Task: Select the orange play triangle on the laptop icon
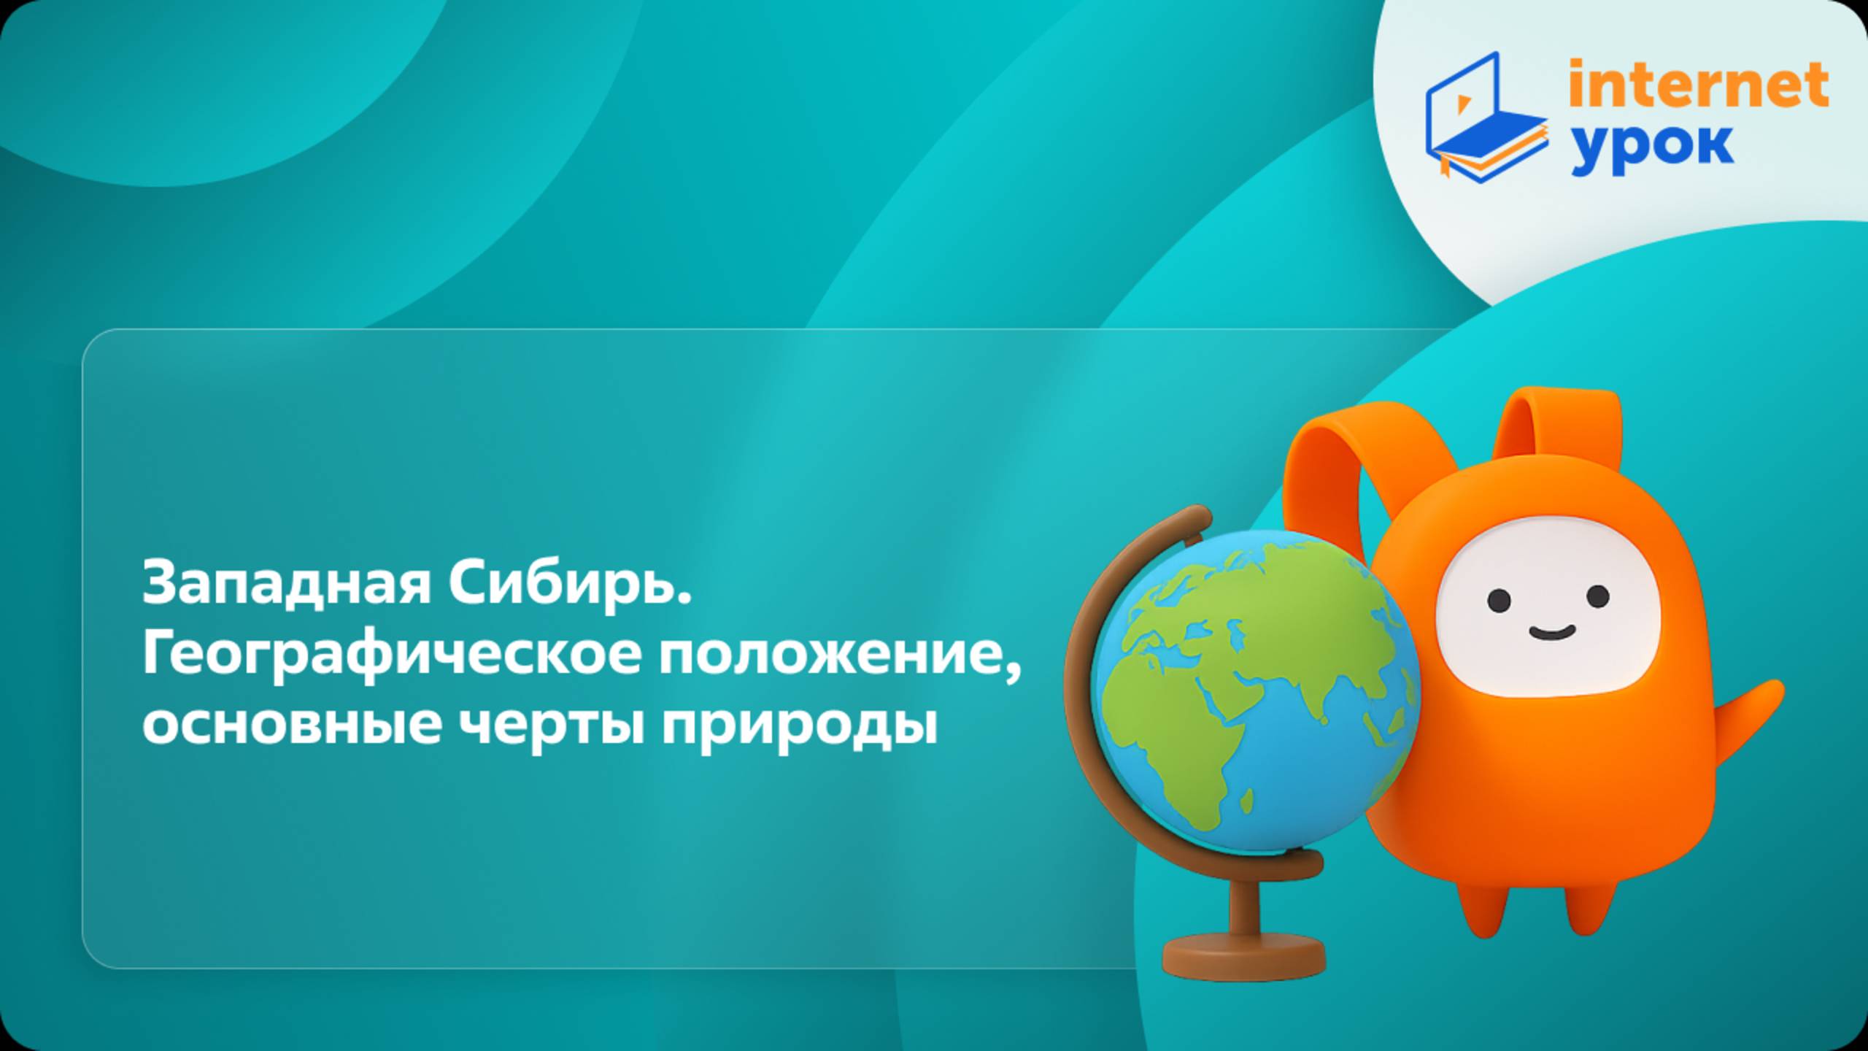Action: click(1462, 104)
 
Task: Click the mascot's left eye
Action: click(1499, 600)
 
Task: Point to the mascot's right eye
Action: click(1598, 596)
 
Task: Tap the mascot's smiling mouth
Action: click(1551, 632)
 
